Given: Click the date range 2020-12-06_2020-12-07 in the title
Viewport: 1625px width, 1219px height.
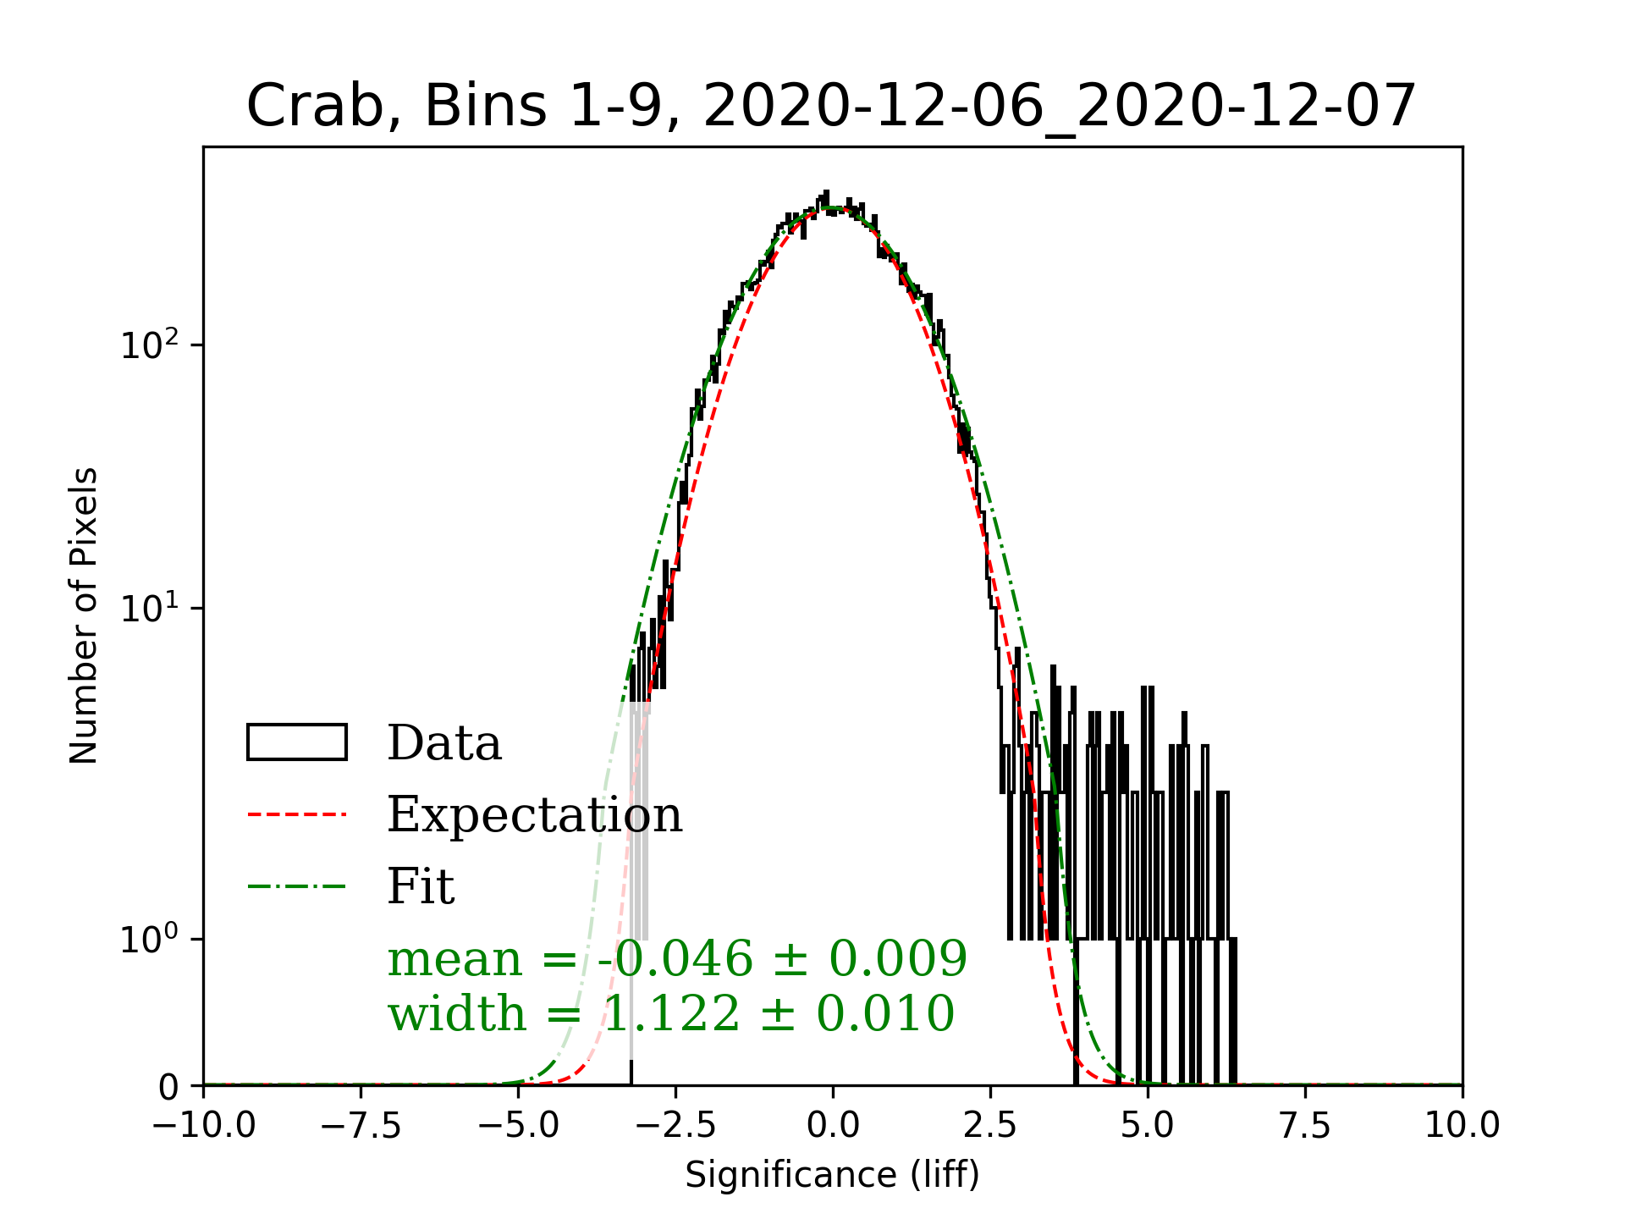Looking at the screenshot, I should coord(1059,107).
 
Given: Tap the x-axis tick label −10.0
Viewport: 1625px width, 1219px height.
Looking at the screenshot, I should coord(204,1125).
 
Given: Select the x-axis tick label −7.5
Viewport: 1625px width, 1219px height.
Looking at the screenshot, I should coord(361,1125).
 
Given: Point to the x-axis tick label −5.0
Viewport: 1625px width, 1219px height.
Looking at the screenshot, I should coord(519,1125).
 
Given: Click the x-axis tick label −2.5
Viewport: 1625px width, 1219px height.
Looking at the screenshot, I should coord(676,1125).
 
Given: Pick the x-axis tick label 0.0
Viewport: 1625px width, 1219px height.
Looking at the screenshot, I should coord(833,1125).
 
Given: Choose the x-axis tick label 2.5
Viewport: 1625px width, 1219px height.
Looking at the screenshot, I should coord(990,1125).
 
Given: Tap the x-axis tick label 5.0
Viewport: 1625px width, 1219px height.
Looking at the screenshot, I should coord(1148,1125).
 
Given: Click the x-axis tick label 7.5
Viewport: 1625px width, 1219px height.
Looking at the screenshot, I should coord(1305,1125).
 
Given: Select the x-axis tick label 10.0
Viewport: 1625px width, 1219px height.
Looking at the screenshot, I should coord(1462,1125).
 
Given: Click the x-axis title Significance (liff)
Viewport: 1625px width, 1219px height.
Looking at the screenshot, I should coord(832,1175).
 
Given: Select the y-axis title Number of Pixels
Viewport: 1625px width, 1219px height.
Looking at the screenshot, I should coord(84,615).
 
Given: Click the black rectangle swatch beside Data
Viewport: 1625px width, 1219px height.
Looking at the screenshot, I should coord(297,742).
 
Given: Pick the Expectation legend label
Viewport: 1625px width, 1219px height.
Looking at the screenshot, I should coord(534,814).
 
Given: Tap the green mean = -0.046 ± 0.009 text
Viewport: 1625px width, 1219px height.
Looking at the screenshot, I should coord(677,958).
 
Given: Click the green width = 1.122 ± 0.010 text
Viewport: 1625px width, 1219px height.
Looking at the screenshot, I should coord(671,1013).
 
